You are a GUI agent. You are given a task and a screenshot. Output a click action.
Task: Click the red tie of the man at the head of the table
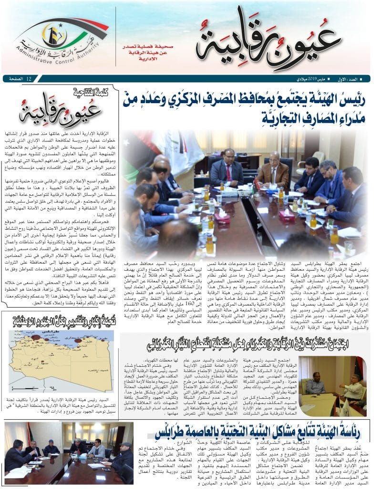click(x=228, y=172)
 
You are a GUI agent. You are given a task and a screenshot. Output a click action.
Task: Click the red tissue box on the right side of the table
click(x=286, y=214)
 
